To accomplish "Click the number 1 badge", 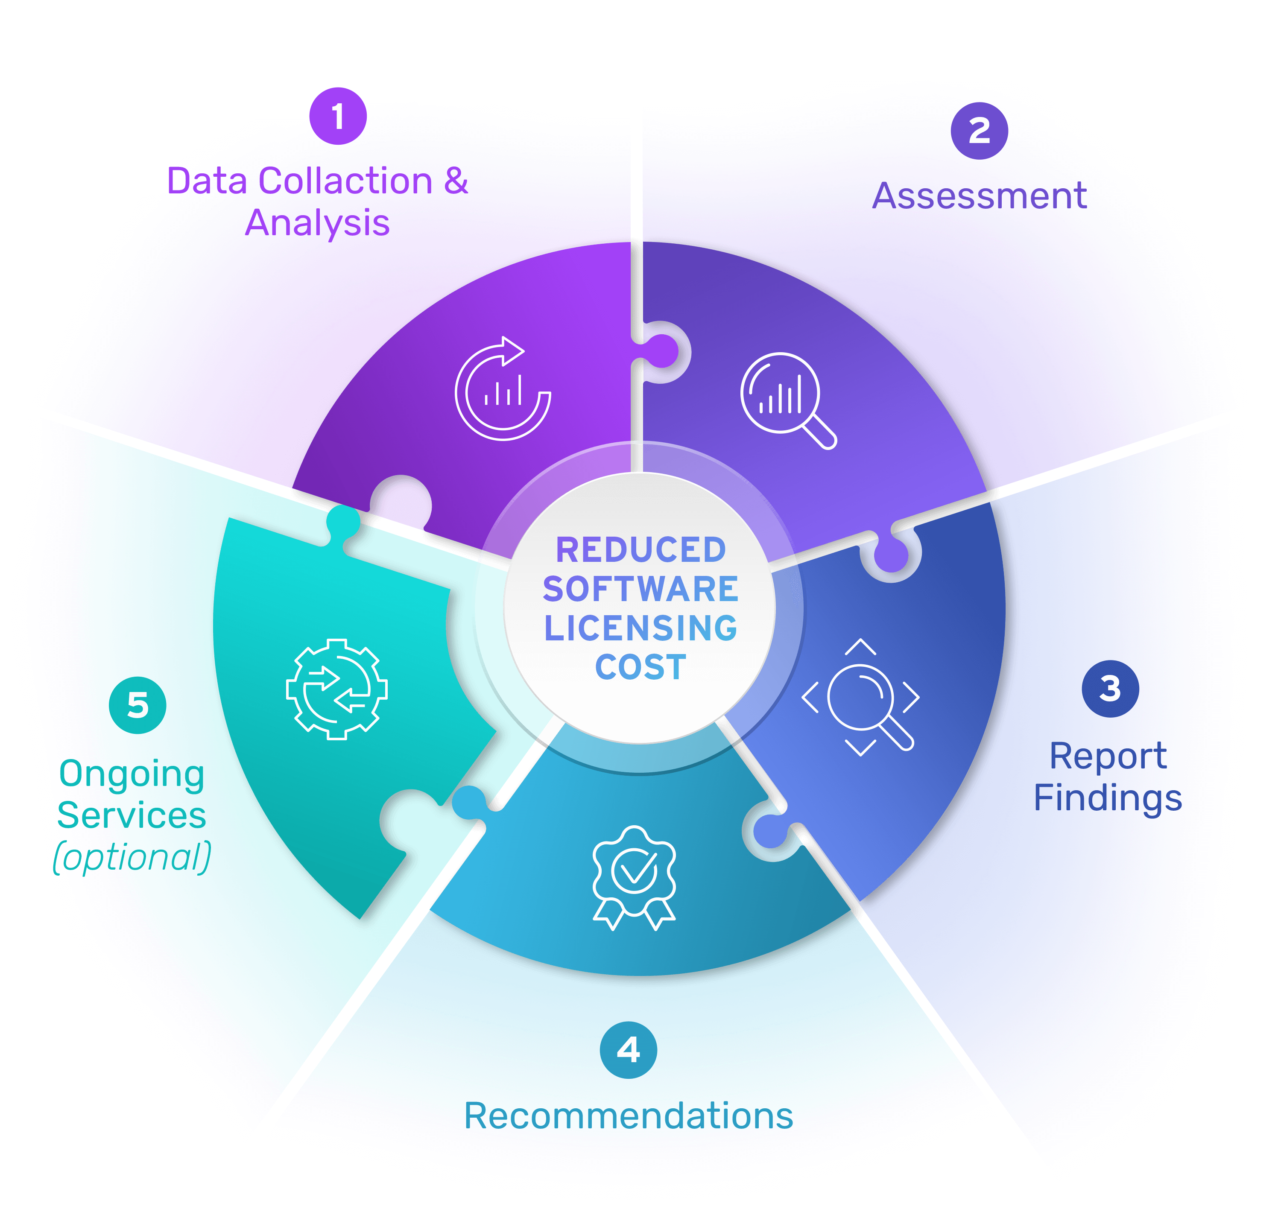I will (x=338, y=116).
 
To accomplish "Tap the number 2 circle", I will (x=979, y=131).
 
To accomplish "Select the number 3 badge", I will (x=1110, y=688).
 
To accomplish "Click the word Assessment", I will (x=979, y=196).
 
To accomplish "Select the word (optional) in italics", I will (x=132, y=857).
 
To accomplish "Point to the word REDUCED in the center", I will (x=641, y=550).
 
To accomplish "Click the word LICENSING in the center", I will (x=641, y=628).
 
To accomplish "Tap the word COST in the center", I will (x=641, y=667).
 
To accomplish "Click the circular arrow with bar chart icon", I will (x=503, y=389).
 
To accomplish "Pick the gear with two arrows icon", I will (x=336, y=689).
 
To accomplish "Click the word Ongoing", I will (x=132, y=774).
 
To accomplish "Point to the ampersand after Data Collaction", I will (x=456, y=181).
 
